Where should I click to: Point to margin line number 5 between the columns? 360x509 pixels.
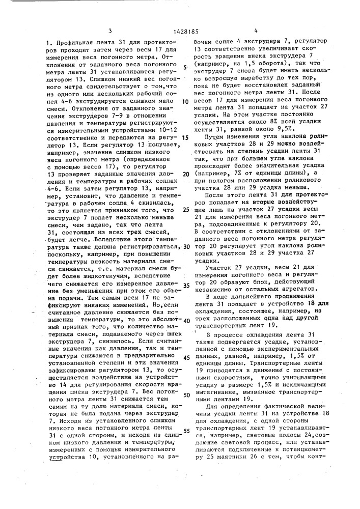[185, 67]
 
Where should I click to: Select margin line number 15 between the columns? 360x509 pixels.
[185, 137]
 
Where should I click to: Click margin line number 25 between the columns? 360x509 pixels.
[186, 209]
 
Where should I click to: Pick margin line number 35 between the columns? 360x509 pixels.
[186, 286]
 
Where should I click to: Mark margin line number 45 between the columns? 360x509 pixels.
[186, 358]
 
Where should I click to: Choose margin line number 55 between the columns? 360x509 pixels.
[186, 431]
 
